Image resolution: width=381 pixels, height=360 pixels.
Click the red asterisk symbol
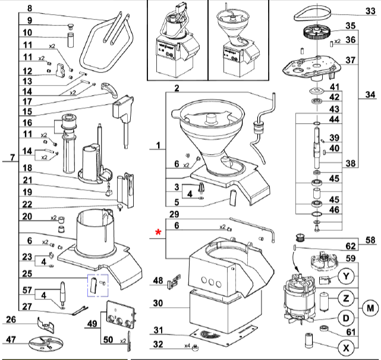[x=159, y=233]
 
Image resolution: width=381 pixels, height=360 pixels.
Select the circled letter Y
[x=346, y=277]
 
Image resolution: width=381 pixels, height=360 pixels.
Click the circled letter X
[x=346, y=347]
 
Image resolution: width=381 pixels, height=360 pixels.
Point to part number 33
[x=369, y=11]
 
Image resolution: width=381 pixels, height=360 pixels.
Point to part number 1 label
[x=158, y=145]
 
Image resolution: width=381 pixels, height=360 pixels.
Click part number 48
[x=158, y=280]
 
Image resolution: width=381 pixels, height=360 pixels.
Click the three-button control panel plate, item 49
[x=117, y=315]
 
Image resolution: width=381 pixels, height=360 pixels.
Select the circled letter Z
[x=346, y=297]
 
